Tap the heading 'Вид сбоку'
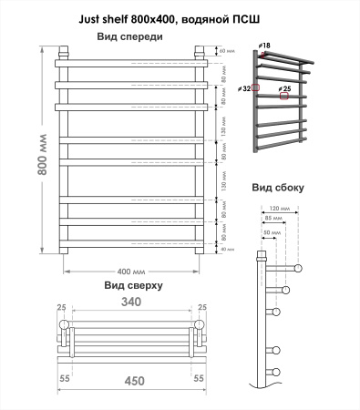coord(278,188)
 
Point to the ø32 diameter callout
coord(246,87)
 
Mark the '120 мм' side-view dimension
coord(280,209)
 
